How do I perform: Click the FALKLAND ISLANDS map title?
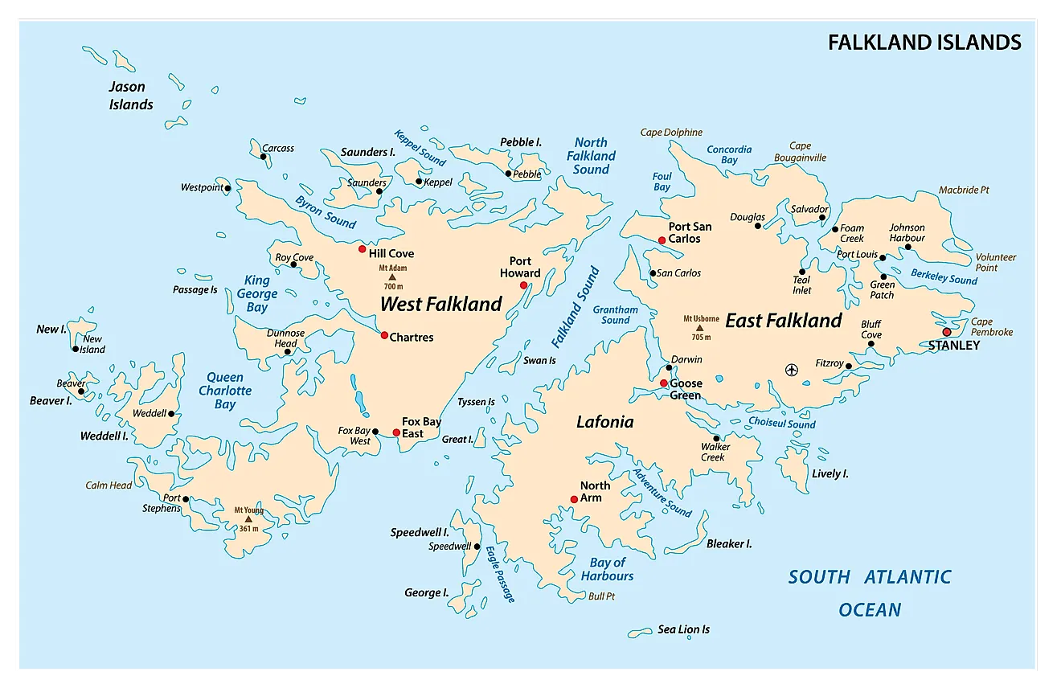[x=924, y=43]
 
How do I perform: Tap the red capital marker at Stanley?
[x=947, y=332]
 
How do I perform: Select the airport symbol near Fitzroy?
[x=792, y=370]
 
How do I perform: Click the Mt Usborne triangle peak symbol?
[x=699, y=328]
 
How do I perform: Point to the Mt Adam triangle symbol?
[x=392, y=276]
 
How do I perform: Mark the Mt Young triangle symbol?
[x=248, y=519]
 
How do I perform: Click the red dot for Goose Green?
[x=664, y=383]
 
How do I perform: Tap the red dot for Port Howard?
[x=523, y=285]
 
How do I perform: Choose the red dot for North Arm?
[x=574, y=499]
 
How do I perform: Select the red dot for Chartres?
[x=384, y=335]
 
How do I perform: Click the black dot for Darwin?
[x=669, y=368]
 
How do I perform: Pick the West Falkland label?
[x=440, y=304]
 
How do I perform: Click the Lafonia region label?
[x=604, y=422]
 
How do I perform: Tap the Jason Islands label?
[x=130, y=95]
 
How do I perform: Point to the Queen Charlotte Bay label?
[x=225, y=391]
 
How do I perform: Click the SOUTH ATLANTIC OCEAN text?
[x=870, y=593]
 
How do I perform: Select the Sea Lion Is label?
[x=683, y=629]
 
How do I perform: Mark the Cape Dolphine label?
[x=671, y=133]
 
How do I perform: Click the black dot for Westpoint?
[x=228, y=189]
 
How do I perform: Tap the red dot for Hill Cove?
[x=363, y=249]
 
